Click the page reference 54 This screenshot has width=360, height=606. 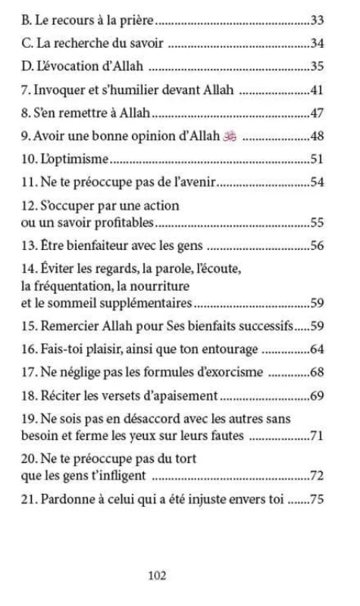318,183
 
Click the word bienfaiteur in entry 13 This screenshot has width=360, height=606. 92,246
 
